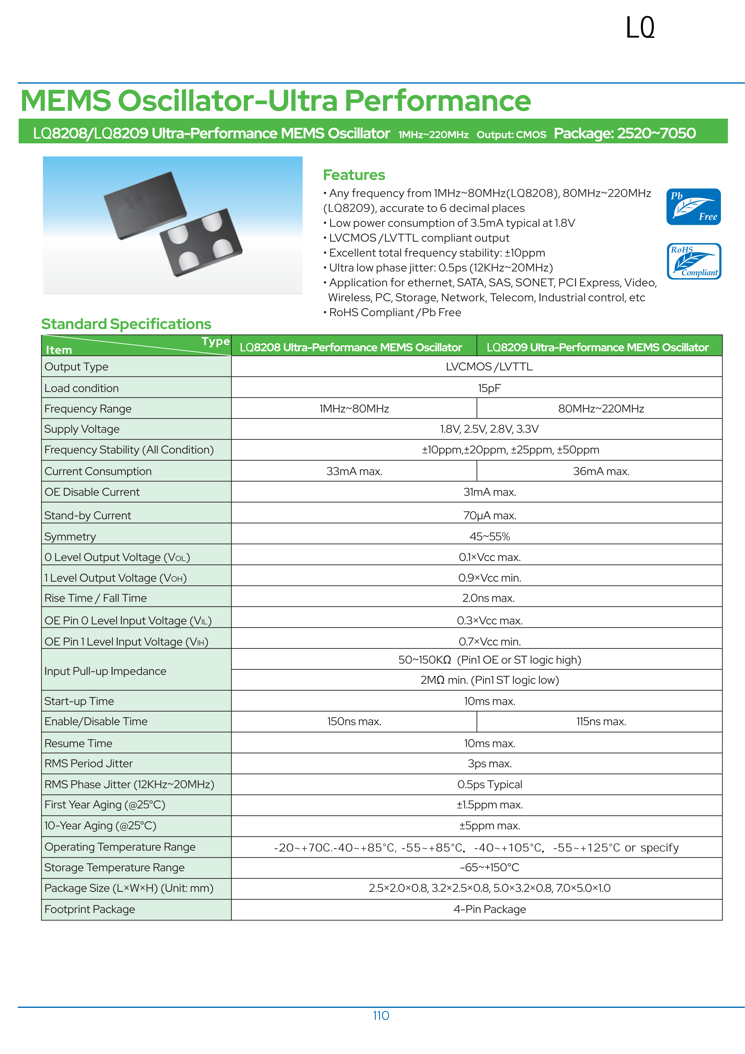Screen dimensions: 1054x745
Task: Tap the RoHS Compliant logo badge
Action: (x=694, y=261)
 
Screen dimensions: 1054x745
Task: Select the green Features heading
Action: (x=354, y=175)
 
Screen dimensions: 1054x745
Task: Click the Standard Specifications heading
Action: (x=126, y=324)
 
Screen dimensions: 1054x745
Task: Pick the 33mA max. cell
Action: (x=354, y=471)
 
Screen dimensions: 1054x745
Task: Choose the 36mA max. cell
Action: (x=601, y=471)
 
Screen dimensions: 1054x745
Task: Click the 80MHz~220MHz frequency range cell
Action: (x=601, y=409)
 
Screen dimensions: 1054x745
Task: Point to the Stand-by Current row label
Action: (x=88, y=516)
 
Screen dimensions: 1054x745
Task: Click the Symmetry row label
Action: (x=70, y=537)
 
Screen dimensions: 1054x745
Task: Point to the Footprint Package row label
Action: (x=90, y=909)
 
